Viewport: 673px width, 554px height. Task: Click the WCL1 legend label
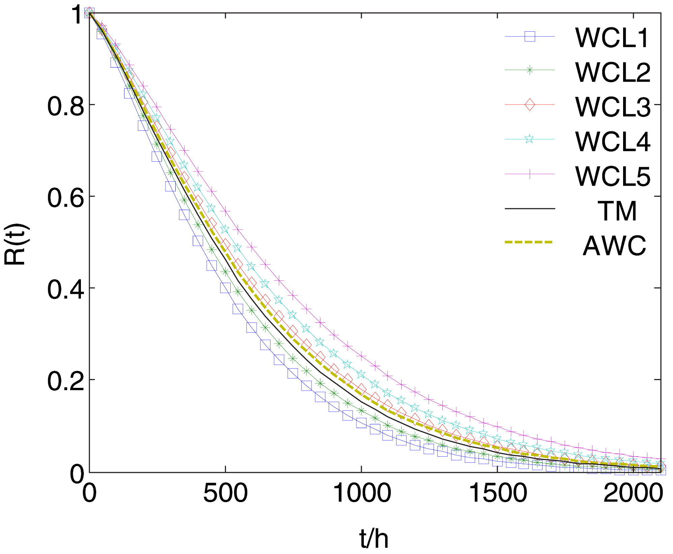(x=612, y=38)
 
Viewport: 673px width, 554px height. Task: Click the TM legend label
(x=617, y=211)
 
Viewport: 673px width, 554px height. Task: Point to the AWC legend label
(x=614, y=246)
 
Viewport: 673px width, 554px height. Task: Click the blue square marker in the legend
(x=530, y=36)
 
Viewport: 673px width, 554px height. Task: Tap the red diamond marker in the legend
(x=530, y=105)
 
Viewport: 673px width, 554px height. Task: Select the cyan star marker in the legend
(x=530, y=139)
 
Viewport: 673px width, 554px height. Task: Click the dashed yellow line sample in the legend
(x=530, y=242)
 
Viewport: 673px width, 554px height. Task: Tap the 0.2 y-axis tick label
(x=65, y=381)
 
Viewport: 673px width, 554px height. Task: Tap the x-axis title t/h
(x=374, y=538)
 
